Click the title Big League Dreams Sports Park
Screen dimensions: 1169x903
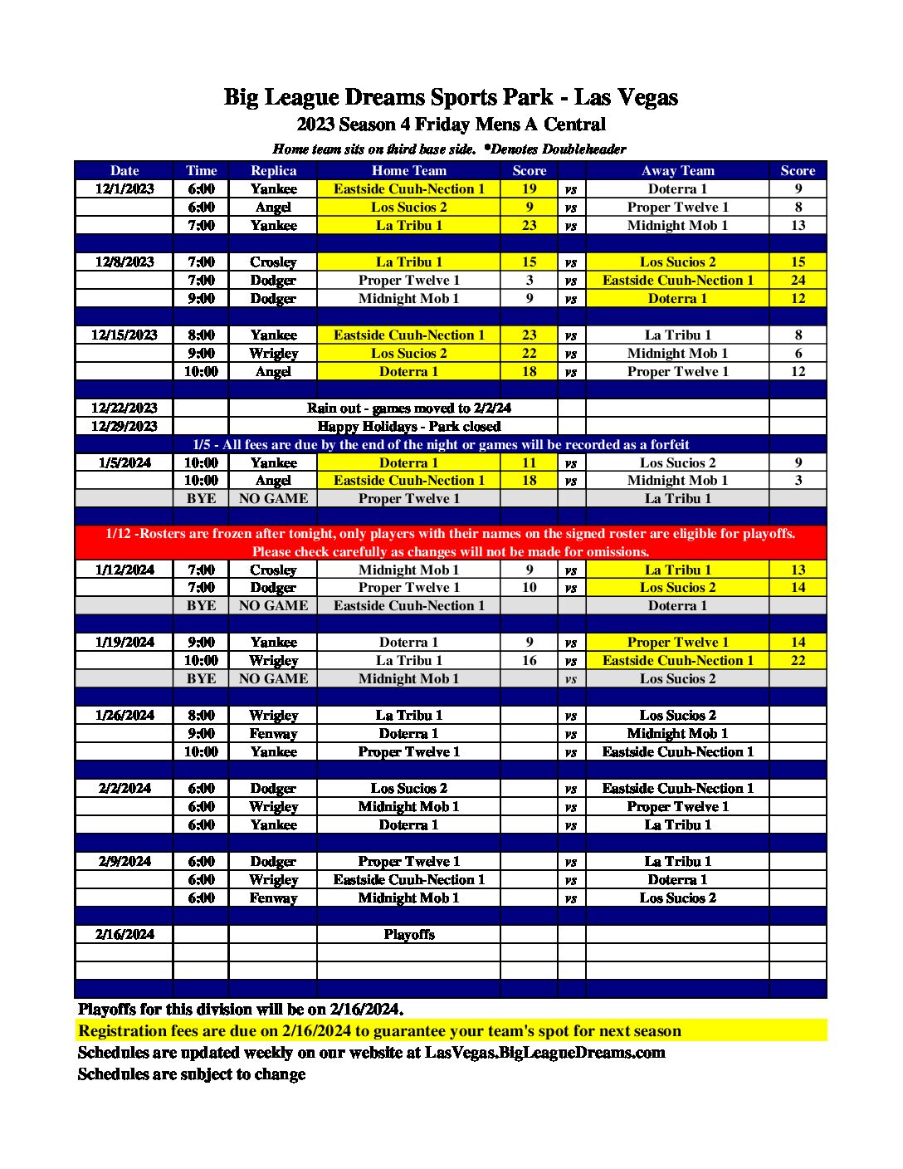click(451, 97)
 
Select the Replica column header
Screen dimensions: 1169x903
click(273, 170)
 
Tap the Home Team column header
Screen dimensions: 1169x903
click(408, 170)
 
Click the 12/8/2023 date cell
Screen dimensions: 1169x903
click(124, 262)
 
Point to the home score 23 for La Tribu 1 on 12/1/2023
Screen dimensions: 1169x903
click(529, 225)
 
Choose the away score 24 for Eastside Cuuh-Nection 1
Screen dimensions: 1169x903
click(798, 280)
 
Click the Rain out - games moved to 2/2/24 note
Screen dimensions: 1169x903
click(408, 408)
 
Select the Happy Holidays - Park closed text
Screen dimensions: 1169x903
click(408, 426)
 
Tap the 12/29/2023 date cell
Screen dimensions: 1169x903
click(124, 426)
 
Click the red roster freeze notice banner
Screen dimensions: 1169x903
click(451, 542)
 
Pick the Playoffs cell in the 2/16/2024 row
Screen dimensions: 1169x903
click(408, 934)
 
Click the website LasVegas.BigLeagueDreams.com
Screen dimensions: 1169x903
click(545, 1052)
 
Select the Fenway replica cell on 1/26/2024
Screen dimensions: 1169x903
click(273, 733)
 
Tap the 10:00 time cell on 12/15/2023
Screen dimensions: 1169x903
click(201, 371)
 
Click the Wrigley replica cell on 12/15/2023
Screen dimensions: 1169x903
click(273, 353)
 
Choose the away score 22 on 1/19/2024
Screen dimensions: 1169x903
click(798, 660)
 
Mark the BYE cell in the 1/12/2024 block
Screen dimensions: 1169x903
click(201, 605)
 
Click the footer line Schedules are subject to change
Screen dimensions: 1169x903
click(192, 1074)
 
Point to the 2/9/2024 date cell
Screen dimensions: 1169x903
click(124, 861)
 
